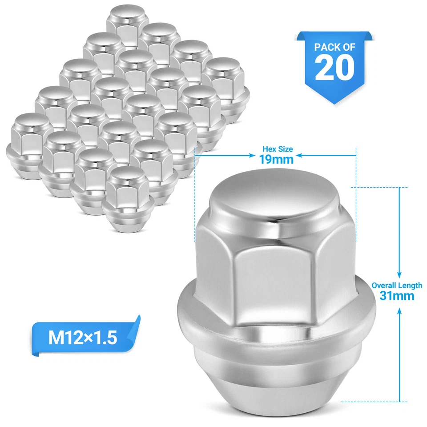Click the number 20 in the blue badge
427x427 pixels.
334,68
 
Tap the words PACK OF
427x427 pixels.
334,47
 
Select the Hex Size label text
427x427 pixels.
278,149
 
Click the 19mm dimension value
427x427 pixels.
277,159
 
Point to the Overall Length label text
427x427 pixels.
397,286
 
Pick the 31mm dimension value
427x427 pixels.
397,296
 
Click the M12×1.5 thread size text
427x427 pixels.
83,338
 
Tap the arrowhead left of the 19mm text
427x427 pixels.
249,156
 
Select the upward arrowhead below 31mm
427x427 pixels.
399,310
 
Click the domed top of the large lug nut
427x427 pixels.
272,200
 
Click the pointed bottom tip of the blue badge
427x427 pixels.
334,103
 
